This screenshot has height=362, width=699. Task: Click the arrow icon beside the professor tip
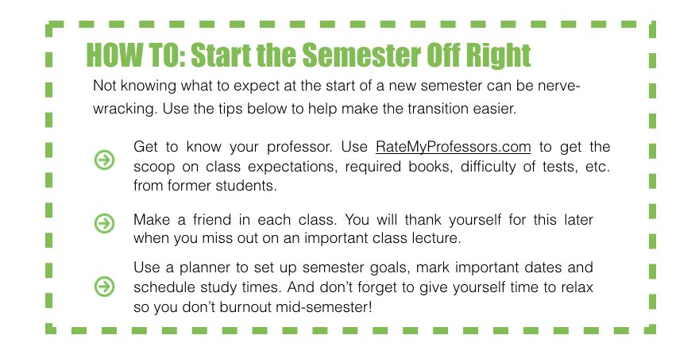tap(104, 161)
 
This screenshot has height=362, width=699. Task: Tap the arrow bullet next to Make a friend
tap(104, 224)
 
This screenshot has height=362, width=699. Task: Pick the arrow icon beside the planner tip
tap(104, 285)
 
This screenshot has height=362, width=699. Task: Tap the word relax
tap(577, 287)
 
